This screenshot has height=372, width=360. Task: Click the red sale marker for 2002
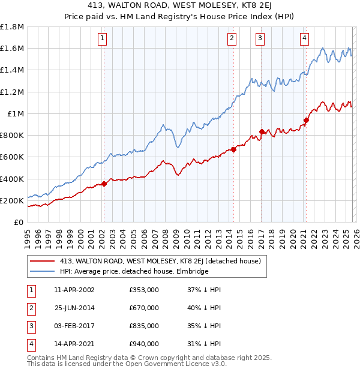(x=104, y=184)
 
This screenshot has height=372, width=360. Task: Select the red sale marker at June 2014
(x=233, y=150)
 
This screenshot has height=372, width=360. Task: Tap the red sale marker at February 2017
(x=262, y=131)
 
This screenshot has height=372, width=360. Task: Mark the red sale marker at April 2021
(x=306, y=120)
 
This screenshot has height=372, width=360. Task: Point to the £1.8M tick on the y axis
(x=12, y=27)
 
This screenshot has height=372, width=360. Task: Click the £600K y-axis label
(x=12, y=157)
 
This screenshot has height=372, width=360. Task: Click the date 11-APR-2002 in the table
(x=74, y=290)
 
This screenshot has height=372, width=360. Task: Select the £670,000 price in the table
(x=144, y=308)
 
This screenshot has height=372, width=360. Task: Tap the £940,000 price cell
(x=144, y=344)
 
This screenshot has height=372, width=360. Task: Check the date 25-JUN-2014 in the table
(x=74, y=308)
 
